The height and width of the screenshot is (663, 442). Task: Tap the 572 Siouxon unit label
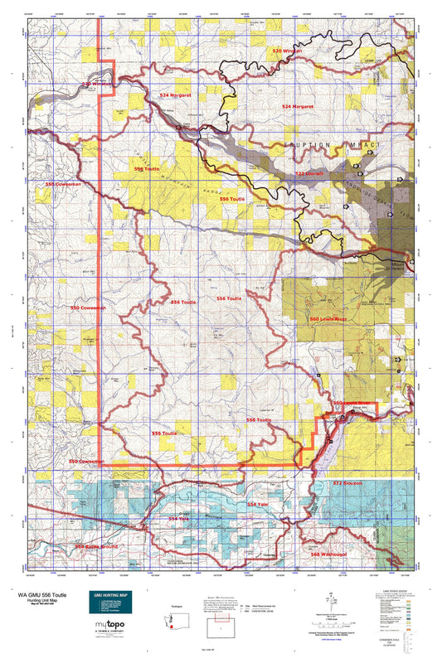click(348, 482)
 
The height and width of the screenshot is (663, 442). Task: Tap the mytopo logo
click(106, 630)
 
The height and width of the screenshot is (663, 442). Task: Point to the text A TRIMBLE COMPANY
click(106, 639)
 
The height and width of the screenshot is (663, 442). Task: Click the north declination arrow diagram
click(331, 599)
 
